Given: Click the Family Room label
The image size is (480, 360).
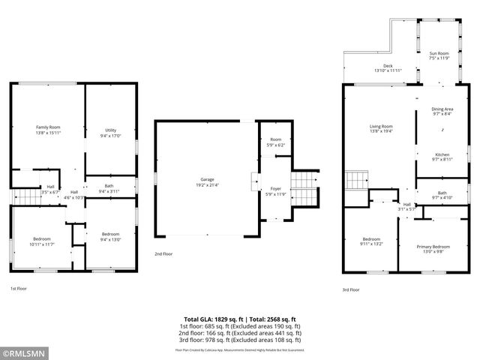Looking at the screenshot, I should click(x=48, y=127).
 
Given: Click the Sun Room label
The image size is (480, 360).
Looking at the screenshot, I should click(x=439, y=53).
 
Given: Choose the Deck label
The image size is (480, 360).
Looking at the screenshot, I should click(x=388, y=66).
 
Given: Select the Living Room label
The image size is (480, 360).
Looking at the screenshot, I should click(x=381, y=126).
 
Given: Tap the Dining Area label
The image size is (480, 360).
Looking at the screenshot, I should click(x=442, y=109).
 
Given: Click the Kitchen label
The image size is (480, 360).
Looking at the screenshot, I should click(x=442, y=154).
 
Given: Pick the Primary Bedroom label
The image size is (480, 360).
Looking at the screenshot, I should click(x=435, y=247).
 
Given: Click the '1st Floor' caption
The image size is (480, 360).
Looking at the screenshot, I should click(x=19, y=288).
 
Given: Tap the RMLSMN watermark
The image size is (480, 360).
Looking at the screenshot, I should click(x=24, y=352).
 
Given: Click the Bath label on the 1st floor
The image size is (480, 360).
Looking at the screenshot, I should click(x=109, y=186).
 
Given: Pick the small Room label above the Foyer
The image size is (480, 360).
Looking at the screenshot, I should click(x=276, y=139).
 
